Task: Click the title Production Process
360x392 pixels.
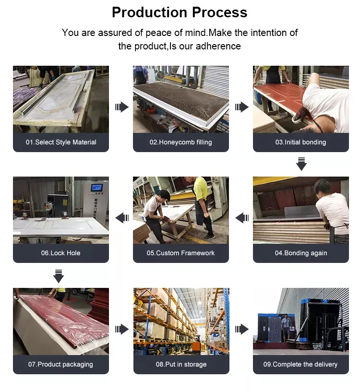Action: coord(180,12)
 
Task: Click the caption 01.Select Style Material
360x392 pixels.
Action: coord(61,142)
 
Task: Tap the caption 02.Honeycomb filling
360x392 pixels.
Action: coord(180,142)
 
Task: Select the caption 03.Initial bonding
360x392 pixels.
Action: coord(300,142)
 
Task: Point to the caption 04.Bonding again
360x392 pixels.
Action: coord(301,253)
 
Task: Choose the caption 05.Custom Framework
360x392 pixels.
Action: coord(180,253)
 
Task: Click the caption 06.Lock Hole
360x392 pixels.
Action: coord(61,253)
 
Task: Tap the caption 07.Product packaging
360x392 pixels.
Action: coord(60,364)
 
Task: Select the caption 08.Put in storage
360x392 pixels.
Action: coord(181,364)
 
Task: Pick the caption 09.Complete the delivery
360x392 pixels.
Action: coord(300,364)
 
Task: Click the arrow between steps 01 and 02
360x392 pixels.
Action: coord(122,107)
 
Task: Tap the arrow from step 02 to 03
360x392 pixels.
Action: coord(241,107)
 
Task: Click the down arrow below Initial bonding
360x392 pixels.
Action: coord(301,164)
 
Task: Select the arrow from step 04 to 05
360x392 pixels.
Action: coord(242,218)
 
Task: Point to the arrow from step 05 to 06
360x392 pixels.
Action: coord(122,218)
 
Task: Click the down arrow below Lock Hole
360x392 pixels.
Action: coord(59,276)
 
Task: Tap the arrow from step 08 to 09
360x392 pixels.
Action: coord(241,329)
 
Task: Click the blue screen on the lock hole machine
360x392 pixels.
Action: coord(96,187)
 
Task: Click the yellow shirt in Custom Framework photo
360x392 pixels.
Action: coord(201,188)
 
